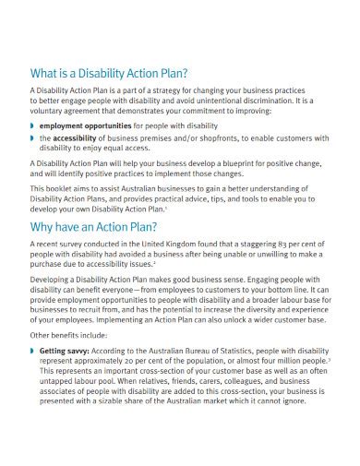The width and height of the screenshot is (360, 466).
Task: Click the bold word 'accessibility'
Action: tap(79, 137)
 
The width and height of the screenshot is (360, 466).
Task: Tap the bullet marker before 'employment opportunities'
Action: tap(32, 122)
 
